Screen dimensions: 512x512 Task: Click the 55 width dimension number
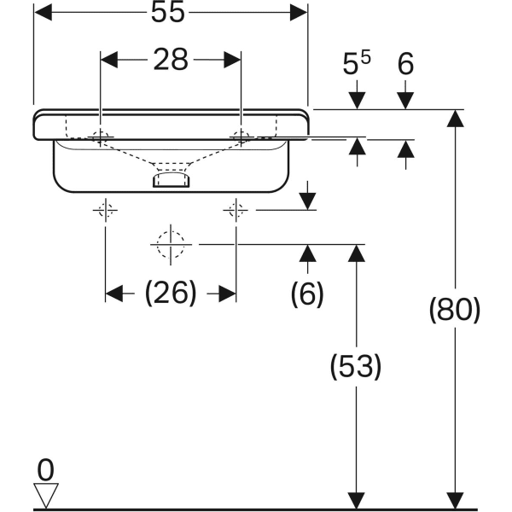coord(170,13)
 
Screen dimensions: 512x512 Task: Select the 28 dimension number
coord(171,60)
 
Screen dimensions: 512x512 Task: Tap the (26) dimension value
coord(171,294)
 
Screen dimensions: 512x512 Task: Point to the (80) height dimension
coord(454,309)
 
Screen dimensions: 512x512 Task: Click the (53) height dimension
coord(356,367)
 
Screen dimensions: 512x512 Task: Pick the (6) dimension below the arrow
coord(307,294)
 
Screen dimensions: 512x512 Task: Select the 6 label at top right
coord(405,65)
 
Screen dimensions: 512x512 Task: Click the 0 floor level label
coord(46,468)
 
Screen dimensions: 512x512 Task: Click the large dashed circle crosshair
coord(171,244)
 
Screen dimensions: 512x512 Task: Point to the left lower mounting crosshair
coord(105,210)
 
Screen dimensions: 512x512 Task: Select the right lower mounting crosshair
coord(236,210)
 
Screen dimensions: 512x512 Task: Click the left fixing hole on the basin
coord(101,136)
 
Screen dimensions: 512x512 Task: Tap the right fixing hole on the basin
coord(241,136)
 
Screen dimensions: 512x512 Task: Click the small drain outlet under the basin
coord(171,178)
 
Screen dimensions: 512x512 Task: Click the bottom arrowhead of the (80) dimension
coord(456,499)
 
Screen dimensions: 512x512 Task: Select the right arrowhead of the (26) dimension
coord(227,294)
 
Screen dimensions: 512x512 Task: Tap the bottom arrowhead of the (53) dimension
coord(356,499)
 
